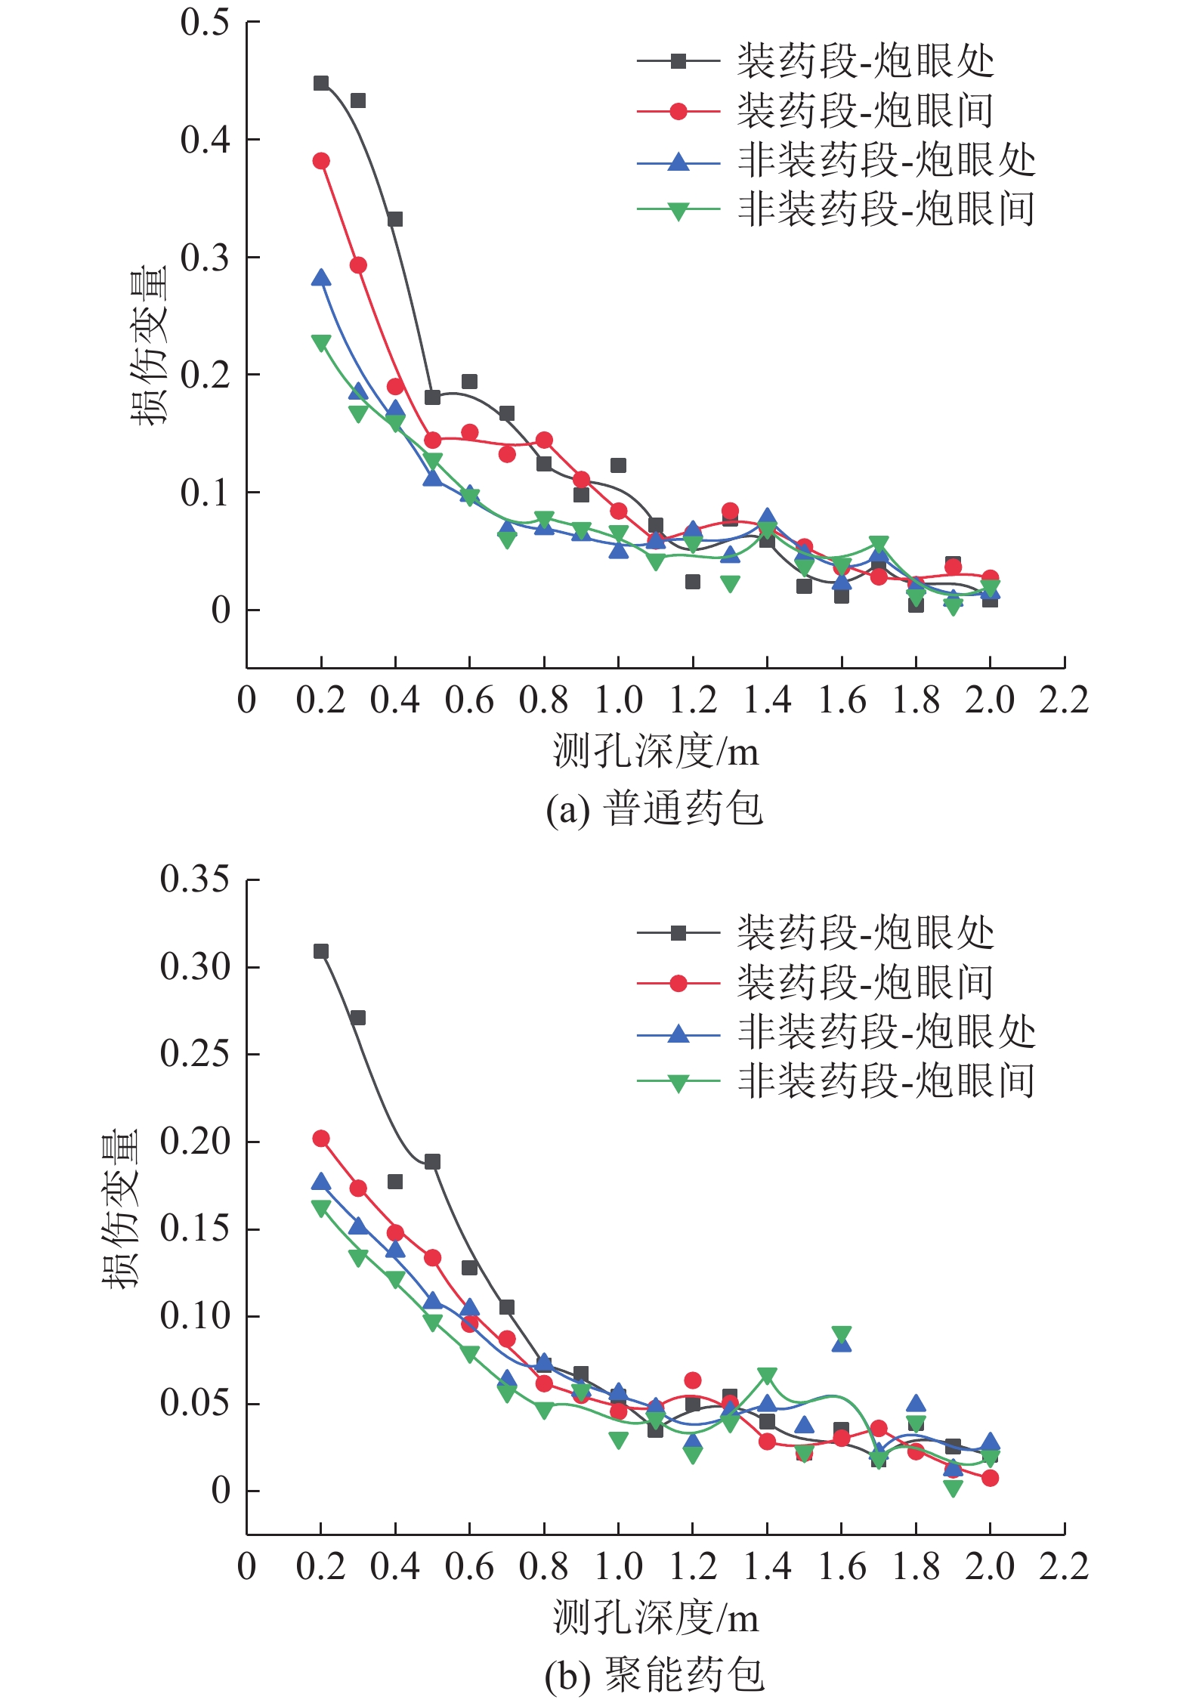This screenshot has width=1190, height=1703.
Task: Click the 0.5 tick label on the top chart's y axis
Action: pos(205,23)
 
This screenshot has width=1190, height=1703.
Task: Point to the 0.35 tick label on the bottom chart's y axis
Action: pos(194,879)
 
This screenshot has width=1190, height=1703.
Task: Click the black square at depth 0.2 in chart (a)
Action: pos(321,83)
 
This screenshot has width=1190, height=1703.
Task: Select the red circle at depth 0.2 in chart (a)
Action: pos(321,161)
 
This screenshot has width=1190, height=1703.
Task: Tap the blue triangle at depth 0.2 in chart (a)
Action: pos(321,278)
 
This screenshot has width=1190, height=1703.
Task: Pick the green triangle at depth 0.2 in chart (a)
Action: pos(321,342)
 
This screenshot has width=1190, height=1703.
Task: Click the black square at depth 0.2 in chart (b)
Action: pos(321,951)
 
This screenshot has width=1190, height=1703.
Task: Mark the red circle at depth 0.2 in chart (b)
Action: pos(321,1139)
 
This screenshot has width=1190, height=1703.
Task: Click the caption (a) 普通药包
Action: pos(654,808)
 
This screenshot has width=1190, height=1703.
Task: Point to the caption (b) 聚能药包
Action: pos(654,1674)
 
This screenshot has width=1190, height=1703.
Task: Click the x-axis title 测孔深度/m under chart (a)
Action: pos(655,751)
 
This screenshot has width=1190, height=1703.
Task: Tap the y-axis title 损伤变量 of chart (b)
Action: pos(121,1207)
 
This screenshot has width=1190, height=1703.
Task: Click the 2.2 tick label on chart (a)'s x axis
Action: pos(1064,700)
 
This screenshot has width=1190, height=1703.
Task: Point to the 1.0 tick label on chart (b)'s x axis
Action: pos(618,1567)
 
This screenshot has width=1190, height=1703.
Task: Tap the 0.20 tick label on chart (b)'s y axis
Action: pos(194,1142)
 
